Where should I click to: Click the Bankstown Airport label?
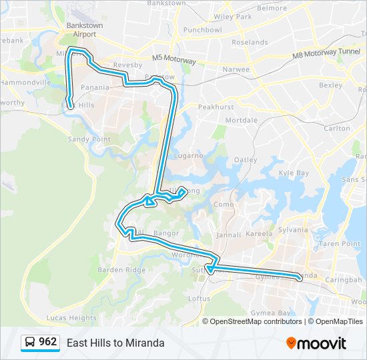point(81,29)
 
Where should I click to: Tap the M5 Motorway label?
point(173,59)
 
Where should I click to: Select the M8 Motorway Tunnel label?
point(317,55)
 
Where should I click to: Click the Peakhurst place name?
point(216,107)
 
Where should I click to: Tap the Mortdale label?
point(241,120)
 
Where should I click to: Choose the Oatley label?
point(246,159)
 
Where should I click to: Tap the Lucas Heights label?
point(73,318)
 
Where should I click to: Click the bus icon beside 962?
point(30,343)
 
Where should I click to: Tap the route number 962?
point(47,342)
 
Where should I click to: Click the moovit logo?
point(316,343)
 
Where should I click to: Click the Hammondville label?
point(25,82)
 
